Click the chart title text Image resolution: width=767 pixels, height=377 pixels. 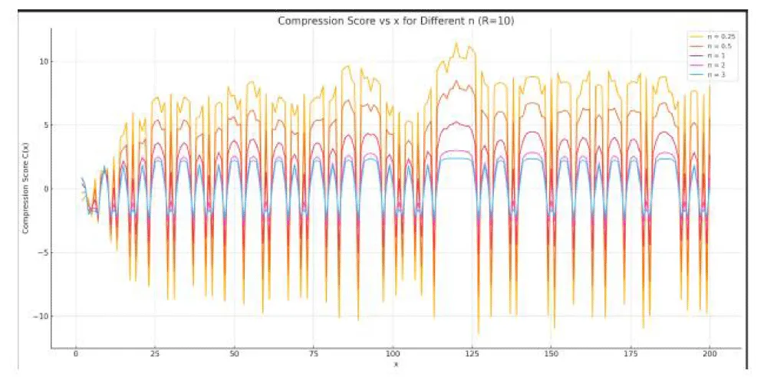point(396,21)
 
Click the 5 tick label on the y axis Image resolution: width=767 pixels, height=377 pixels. point(45,126)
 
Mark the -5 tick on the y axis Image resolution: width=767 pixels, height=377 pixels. point(44,253)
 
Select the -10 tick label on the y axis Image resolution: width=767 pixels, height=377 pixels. point(41,316)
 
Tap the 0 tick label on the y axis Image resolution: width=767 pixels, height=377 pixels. point(45,189)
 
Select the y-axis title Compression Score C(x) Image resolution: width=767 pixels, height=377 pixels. point(25,188)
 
